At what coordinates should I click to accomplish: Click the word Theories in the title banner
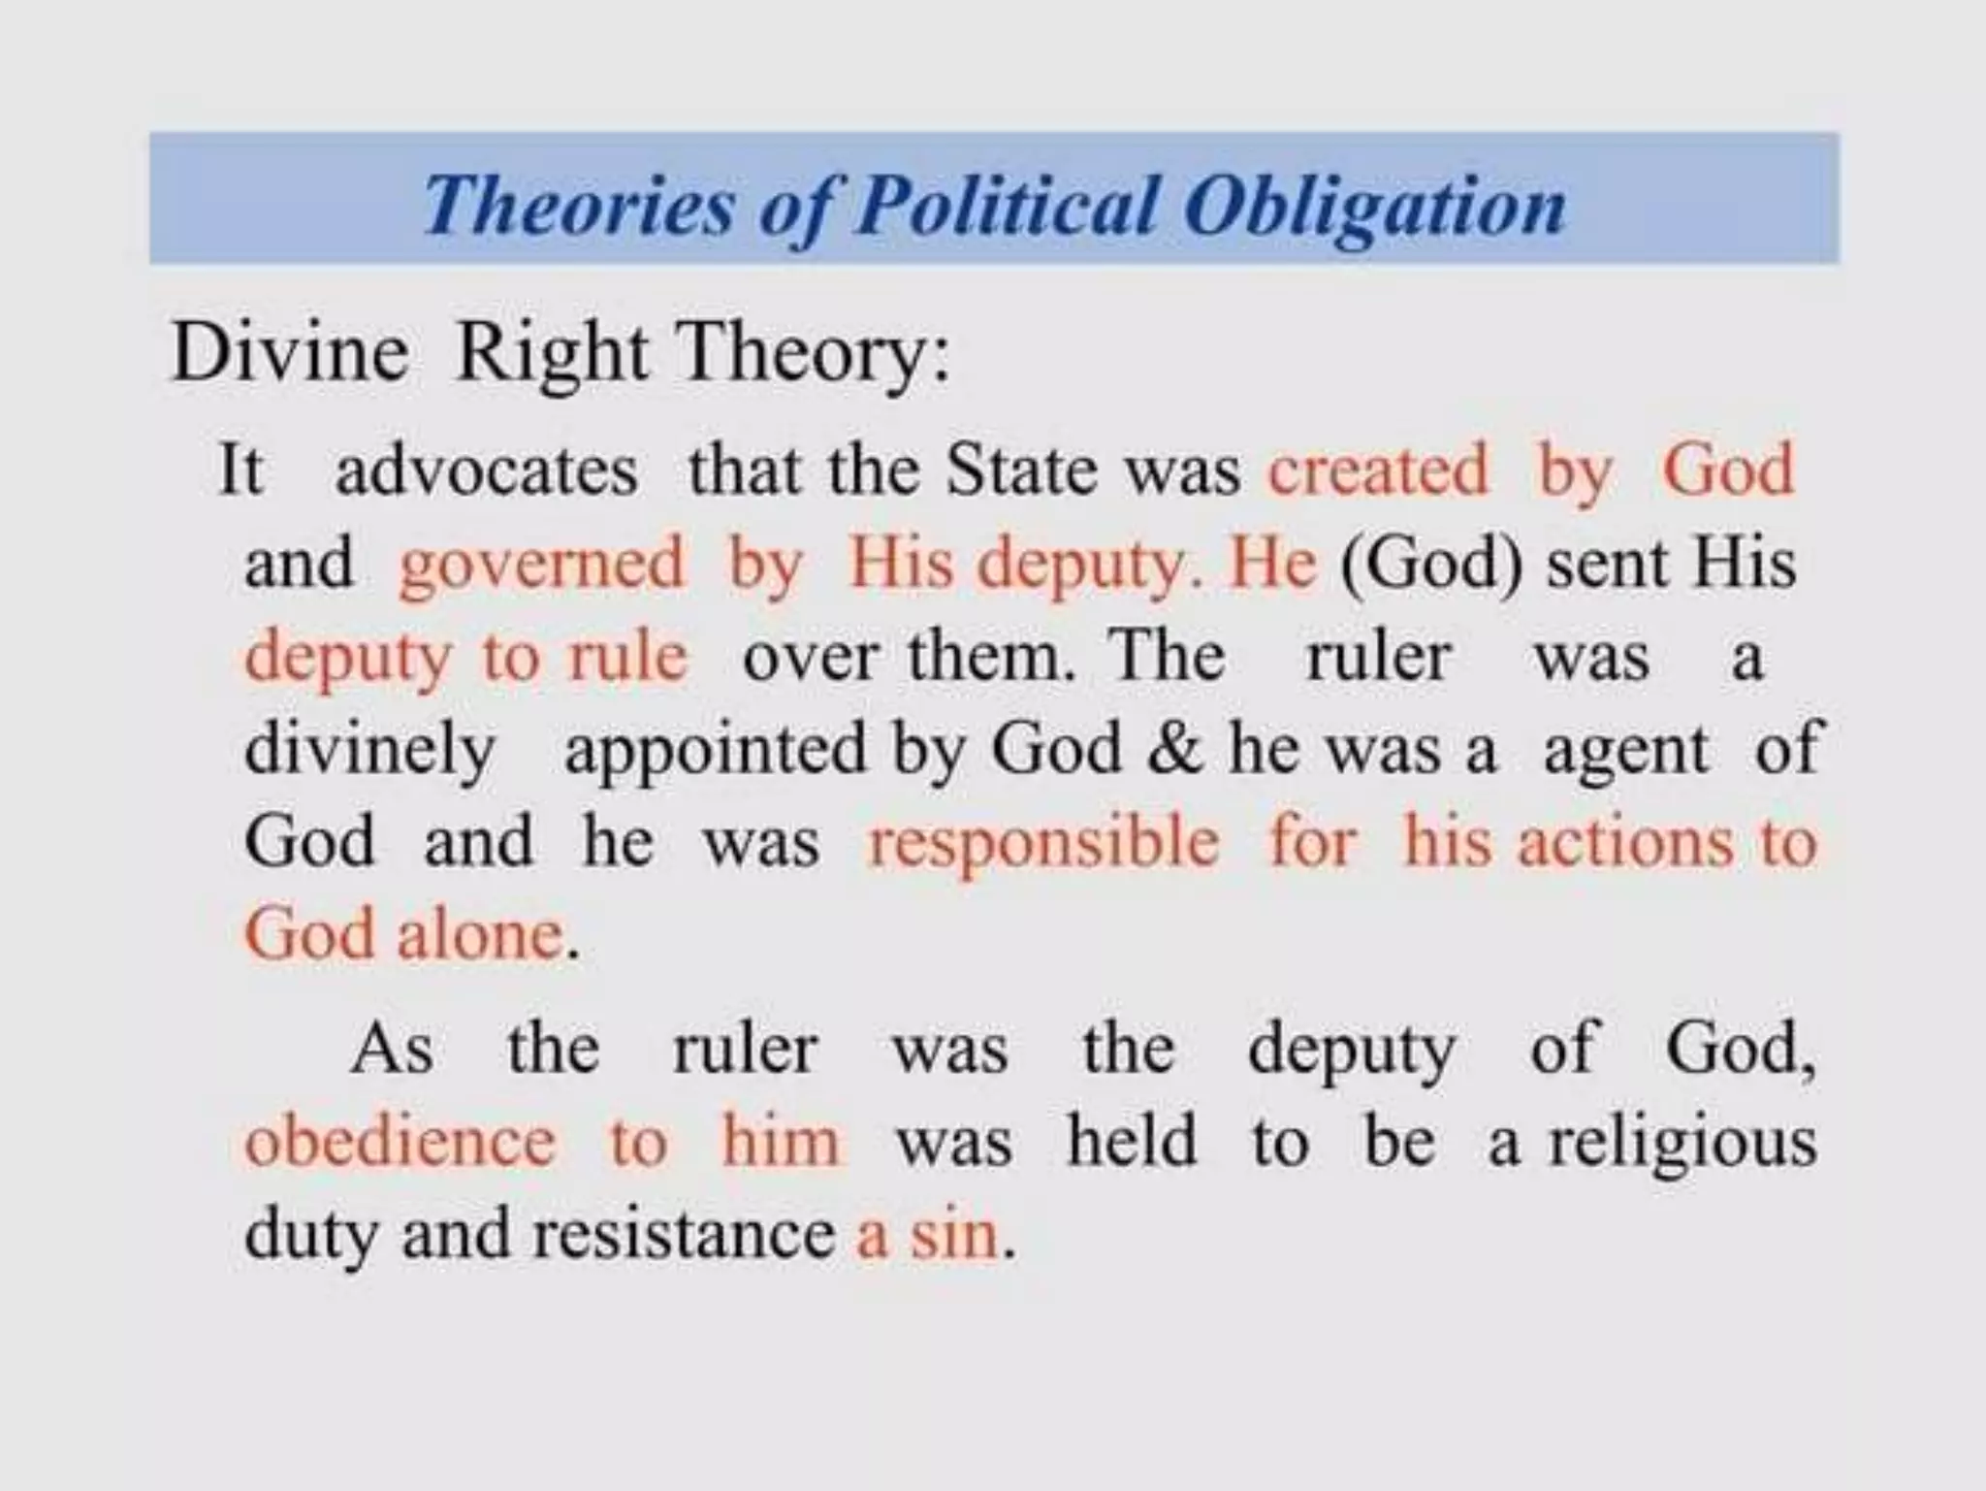coord(579,206)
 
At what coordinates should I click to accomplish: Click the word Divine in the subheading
coord(289,353)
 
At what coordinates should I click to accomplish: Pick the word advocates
coord(487,471)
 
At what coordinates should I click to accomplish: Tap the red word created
coord(1378,471)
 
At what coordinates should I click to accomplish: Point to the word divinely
coord(369,751)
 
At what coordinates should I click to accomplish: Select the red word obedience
coord(400,1141)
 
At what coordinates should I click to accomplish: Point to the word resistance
coord(684,1236)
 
